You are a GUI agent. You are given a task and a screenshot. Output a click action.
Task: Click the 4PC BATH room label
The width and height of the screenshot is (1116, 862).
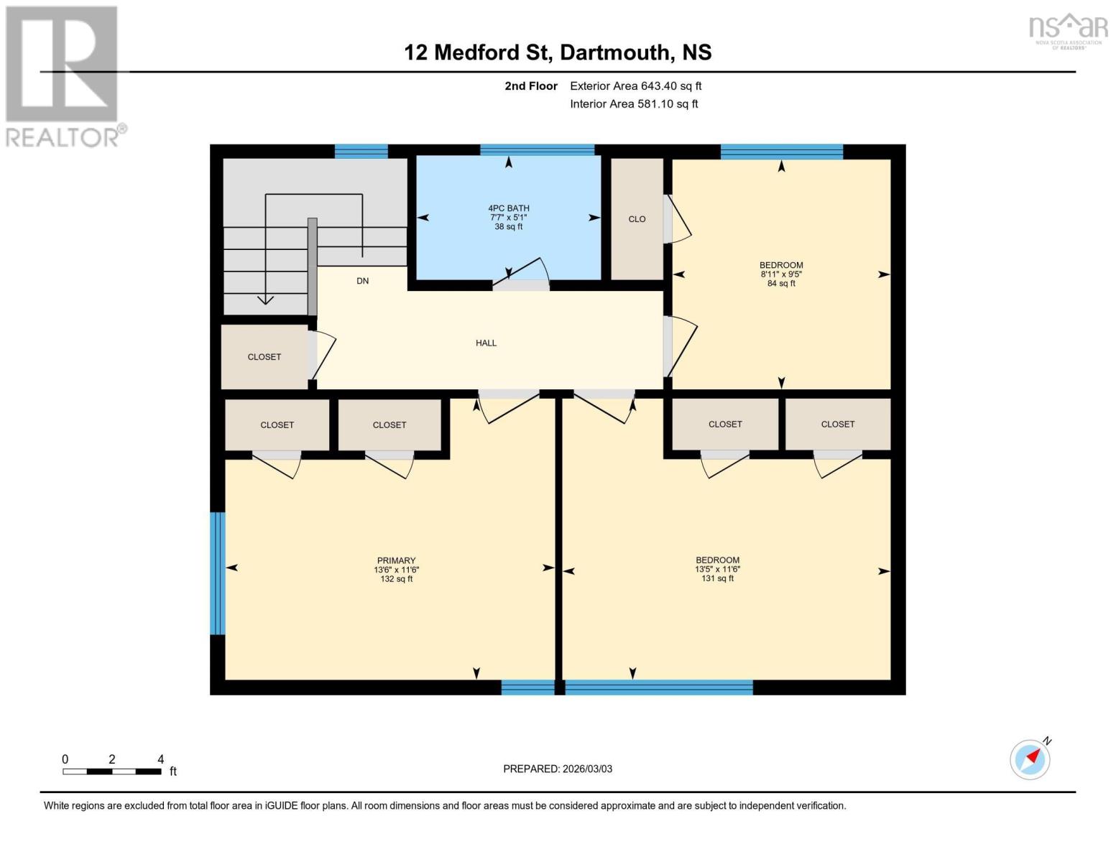coord(508,208)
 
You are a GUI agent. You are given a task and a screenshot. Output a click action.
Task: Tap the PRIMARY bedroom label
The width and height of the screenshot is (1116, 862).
coord(396,560)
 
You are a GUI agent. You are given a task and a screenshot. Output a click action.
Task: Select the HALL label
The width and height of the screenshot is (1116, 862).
coord(486,343)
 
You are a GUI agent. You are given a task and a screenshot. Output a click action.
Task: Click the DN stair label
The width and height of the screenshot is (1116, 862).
coord(363,281)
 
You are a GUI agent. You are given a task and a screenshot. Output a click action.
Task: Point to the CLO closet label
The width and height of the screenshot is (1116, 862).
coord(637,219)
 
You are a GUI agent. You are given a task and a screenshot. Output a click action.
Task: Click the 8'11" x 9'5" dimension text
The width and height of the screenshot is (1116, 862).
coord(781,274)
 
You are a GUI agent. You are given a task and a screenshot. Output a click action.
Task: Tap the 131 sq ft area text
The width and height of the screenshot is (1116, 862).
coord(717,578)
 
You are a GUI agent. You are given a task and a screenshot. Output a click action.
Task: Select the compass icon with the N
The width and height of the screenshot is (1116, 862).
coord(1030,759)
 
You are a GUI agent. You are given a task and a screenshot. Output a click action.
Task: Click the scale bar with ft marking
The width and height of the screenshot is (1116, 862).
coord(111,771)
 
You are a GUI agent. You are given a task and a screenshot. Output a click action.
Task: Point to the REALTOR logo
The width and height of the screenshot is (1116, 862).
coord(63,75)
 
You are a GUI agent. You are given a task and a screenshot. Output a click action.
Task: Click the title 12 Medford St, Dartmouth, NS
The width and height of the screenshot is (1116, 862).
coord(558,52)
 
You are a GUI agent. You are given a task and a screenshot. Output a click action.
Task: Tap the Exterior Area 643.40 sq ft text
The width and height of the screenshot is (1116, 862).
coord(635,86)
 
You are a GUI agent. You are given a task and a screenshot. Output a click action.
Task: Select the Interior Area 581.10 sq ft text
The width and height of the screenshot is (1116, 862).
coord(634,104)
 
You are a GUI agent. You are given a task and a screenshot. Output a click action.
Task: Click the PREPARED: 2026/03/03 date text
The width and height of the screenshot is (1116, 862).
coord(558,769)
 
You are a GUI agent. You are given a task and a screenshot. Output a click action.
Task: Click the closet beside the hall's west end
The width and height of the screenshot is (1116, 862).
coord(264,357)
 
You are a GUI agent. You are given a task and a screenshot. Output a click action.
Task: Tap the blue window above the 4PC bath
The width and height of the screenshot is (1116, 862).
coord(537,149)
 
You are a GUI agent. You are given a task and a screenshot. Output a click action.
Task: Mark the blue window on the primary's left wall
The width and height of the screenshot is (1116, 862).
coord(217,573)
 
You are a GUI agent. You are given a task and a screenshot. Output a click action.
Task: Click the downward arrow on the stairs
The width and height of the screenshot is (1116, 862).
coord(266,299)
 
